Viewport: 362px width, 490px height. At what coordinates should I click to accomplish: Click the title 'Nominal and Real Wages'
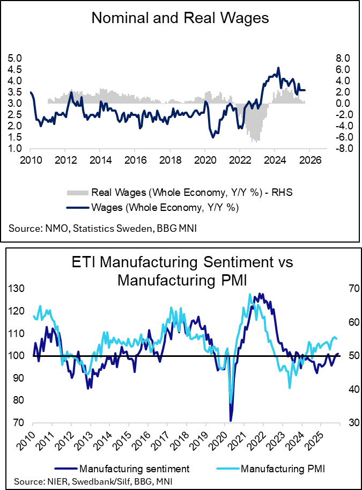[x=180, y=18]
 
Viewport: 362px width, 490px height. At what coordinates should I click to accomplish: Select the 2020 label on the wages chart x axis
[x=204, y=160]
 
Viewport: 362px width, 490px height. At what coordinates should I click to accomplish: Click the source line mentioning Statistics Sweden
[x=102, y=229]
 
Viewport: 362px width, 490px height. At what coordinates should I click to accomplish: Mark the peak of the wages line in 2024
[x=278, y=68]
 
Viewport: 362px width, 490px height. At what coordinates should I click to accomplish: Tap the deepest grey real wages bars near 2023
[x=257, y=141]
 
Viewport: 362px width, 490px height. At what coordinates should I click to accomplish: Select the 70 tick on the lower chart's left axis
[x=19, y=422]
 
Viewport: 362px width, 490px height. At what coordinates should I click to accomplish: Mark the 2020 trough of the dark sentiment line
[x=231, y=420]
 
